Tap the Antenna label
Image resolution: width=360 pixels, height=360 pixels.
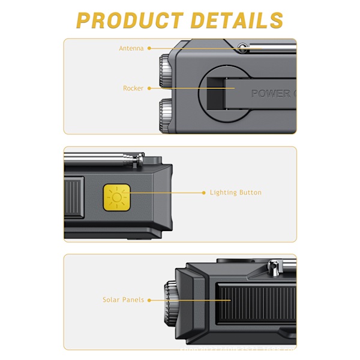click(x=131, y=48)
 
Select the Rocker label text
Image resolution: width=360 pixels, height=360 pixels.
click(x=133, y=88)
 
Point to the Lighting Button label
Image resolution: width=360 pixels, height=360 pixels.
click(x=235, y=193)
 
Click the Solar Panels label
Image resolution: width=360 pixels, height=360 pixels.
click(x=123, y=299)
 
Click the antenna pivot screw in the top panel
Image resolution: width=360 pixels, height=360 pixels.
click(x=242, y=47)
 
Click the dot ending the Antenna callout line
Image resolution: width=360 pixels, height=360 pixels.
click(x=149, y=48)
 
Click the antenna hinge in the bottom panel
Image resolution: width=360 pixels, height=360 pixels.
click(x=274, y=266)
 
